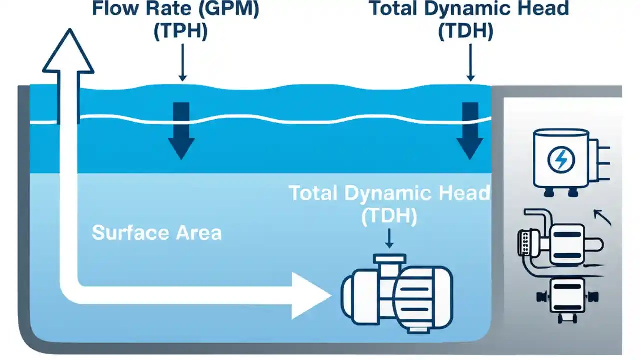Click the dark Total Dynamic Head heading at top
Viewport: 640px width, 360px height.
(x=469, y=9)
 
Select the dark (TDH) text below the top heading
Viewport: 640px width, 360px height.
(x=466, y=32)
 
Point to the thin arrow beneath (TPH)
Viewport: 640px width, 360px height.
(x=182, y=62)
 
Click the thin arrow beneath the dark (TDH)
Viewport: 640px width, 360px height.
(x=470, y=62)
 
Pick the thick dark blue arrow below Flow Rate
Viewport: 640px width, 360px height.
(x=181, y=130)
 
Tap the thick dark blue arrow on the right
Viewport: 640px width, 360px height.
(x=469, y=130)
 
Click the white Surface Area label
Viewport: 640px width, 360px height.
(x=157, y=233)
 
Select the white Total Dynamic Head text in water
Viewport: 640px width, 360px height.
(x=389, y=194)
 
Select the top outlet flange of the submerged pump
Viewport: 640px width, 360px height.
(x=389, y=259)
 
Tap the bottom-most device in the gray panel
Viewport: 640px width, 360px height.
(x=566, y=298)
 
